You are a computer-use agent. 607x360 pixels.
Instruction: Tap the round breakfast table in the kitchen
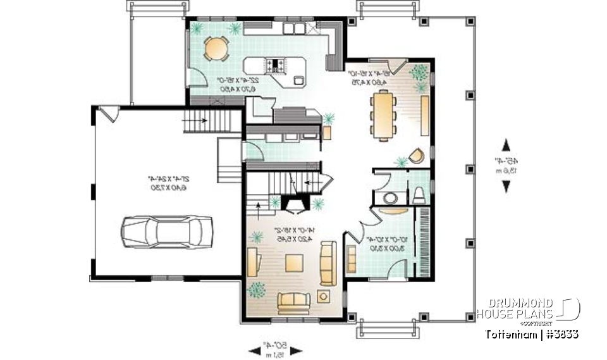tap(217, 49)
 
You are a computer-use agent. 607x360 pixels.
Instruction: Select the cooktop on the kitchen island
tap(277, 64)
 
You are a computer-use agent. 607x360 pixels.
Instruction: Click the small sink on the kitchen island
tap(298, 80)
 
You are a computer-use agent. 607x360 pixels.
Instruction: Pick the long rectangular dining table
tap(384, 114)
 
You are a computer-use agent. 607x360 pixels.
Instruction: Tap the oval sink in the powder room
tap(391, 198)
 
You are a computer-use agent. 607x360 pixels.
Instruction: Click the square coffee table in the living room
tap(293, 263)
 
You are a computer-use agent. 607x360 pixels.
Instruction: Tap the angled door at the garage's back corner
tap(108, 115)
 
